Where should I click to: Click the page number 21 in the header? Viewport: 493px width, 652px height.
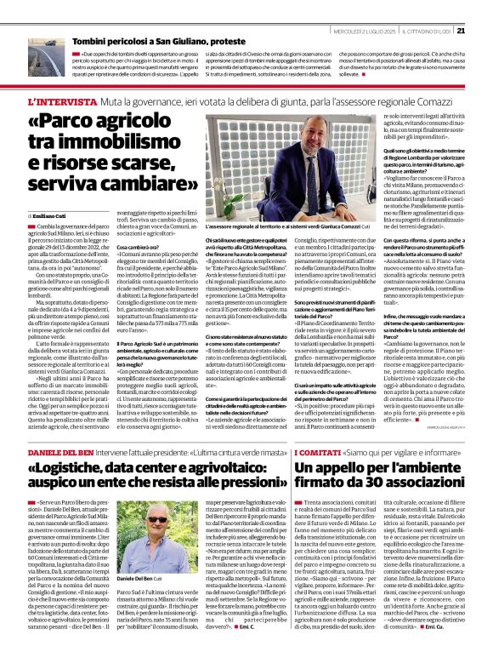484,9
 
